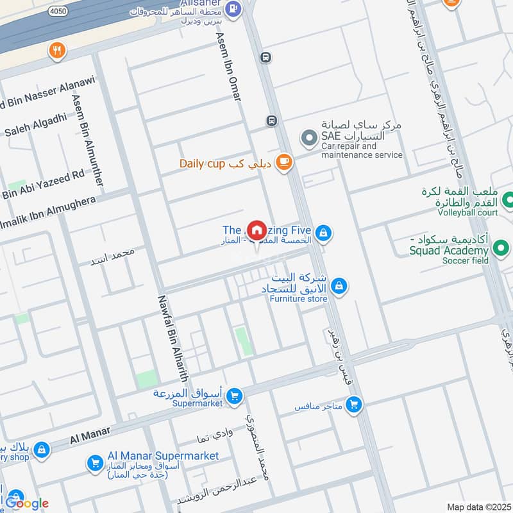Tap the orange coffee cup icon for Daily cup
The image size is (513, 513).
[x=284, y=162]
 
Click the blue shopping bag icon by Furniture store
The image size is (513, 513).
[x=339, y=287]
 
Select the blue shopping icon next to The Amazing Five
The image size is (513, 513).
[x=323, y=233]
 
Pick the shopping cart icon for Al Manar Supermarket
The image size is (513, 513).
[x=96, y=462]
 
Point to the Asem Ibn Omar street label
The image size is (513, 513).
[x=228, y=67]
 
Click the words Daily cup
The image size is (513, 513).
[x=202, y=164]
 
